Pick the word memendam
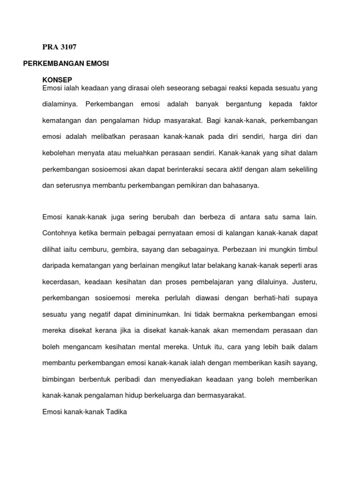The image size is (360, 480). tap(251, 330)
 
